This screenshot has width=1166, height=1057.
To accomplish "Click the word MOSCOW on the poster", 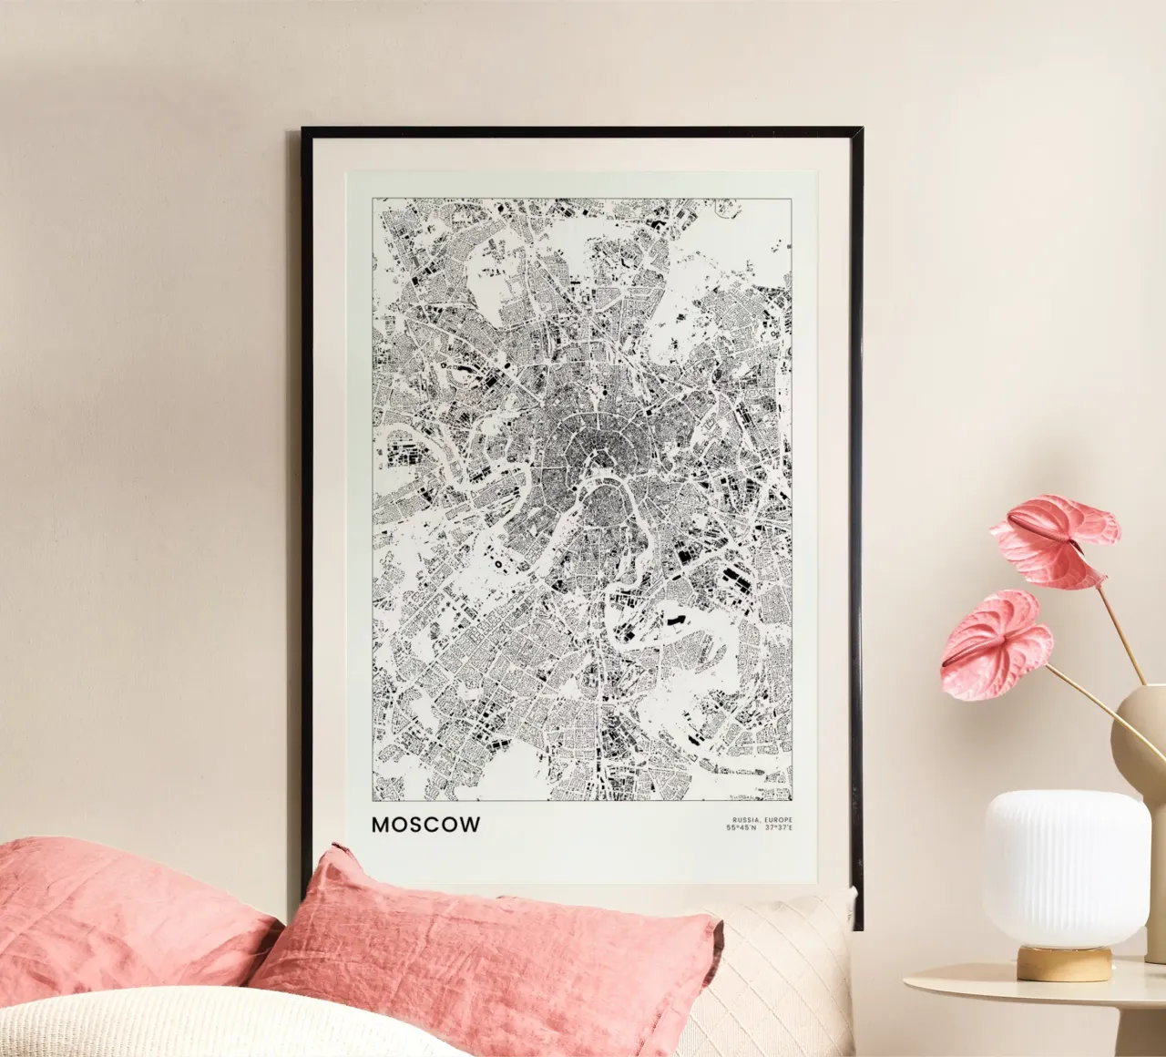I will pos(425,825).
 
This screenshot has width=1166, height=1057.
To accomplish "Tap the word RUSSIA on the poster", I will pos(741,820).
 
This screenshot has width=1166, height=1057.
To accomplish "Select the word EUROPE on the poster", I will pos(775,820).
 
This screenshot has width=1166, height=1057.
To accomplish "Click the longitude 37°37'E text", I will pos(779,828).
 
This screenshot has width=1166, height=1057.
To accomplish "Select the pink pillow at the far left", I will pos(109,911).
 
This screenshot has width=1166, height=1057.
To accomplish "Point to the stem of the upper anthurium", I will pos(1120,629).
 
